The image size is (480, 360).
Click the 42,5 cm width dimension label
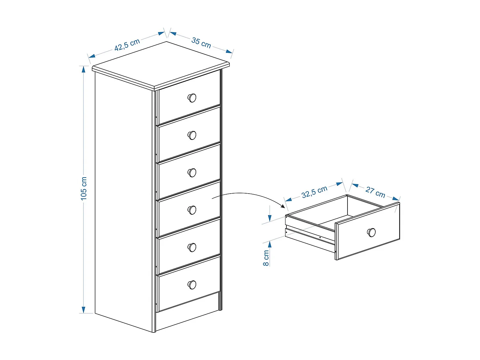click(x=127, y=44)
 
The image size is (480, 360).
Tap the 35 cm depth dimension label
click(x=201, y=43)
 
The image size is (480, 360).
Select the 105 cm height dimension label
click(x=84, y=189)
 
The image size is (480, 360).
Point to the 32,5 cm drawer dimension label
click(x=314, y=192)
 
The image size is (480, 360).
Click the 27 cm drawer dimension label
click(x=375, y=192)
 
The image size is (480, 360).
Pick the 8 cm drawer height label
click(x=266, y=258)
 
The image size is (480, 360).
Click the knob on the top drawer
click(x=192, y=98)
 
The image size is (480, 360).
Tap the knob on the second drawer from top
click(x=192, y=135)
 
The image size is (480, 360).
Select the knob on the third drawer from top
click(x=192, y=173)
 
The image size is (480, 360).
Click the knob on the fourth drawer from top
click(x=192, y=210)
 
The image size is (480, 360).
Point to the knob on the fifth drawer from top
click(x=192, y=247)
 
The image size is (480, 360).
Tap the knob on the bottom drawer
click(x=192, y=284)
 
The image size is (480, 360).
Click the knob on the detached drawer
click(x=371, y=232)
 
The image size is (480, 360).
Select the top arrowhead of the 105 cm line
click(x=84, y=69)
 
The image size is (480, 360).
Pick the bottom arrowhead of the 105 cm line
click(x=84, y=310)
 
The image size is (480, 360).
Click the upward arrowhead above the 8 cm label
click(x=270, y=244)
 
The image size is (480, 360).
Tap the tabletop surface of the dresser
click(x=160, y=66)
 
